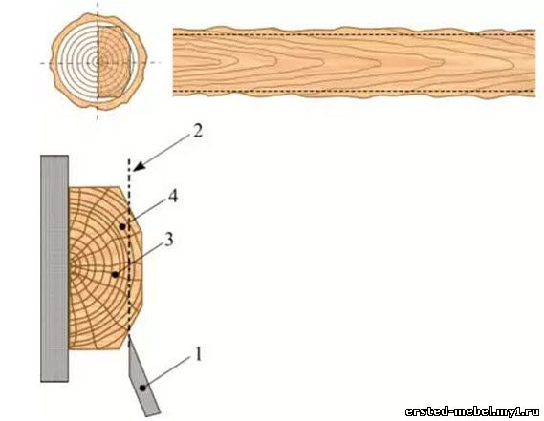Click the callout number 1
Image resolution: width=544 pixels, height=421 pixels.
[198, 354]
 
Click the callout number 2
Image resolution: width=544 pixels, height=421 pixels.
[197, 131]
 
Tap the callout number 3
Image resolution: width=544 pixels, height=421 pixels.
[169, 240]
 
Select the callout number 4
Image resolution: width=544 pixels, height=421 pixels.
[172, 197]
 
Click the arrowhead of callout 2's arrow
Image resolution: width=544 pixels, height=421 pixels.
[138, 166]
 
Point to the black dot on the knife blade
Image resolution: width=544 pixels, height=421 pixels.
[142, 388]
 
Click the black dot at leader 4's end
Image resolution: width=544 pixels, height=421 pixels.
[122, 226]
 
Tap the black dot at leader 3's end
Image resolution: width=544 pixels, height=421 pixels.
[115, 275]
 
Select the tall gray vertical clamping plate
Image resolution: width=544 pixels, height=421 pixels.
[54, 268]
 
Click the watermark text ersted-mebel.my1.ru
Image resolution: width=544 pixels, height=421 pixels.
[472, 411]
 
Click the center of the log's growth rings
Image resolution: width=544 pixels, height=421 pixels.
[98, 63]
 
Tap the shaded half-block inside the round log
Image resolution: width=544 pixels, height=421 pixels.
[114, 62]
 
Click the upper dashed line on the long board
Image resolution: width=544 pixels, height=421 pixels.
[354, 34]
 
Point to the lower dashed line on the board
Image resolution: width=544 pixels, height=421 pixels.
[354, 91]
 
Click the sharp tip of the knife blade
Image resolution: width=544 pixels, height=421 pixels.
[129, 335]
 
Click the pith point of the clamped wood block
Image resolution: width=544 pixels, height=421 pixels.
[71, 266]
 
